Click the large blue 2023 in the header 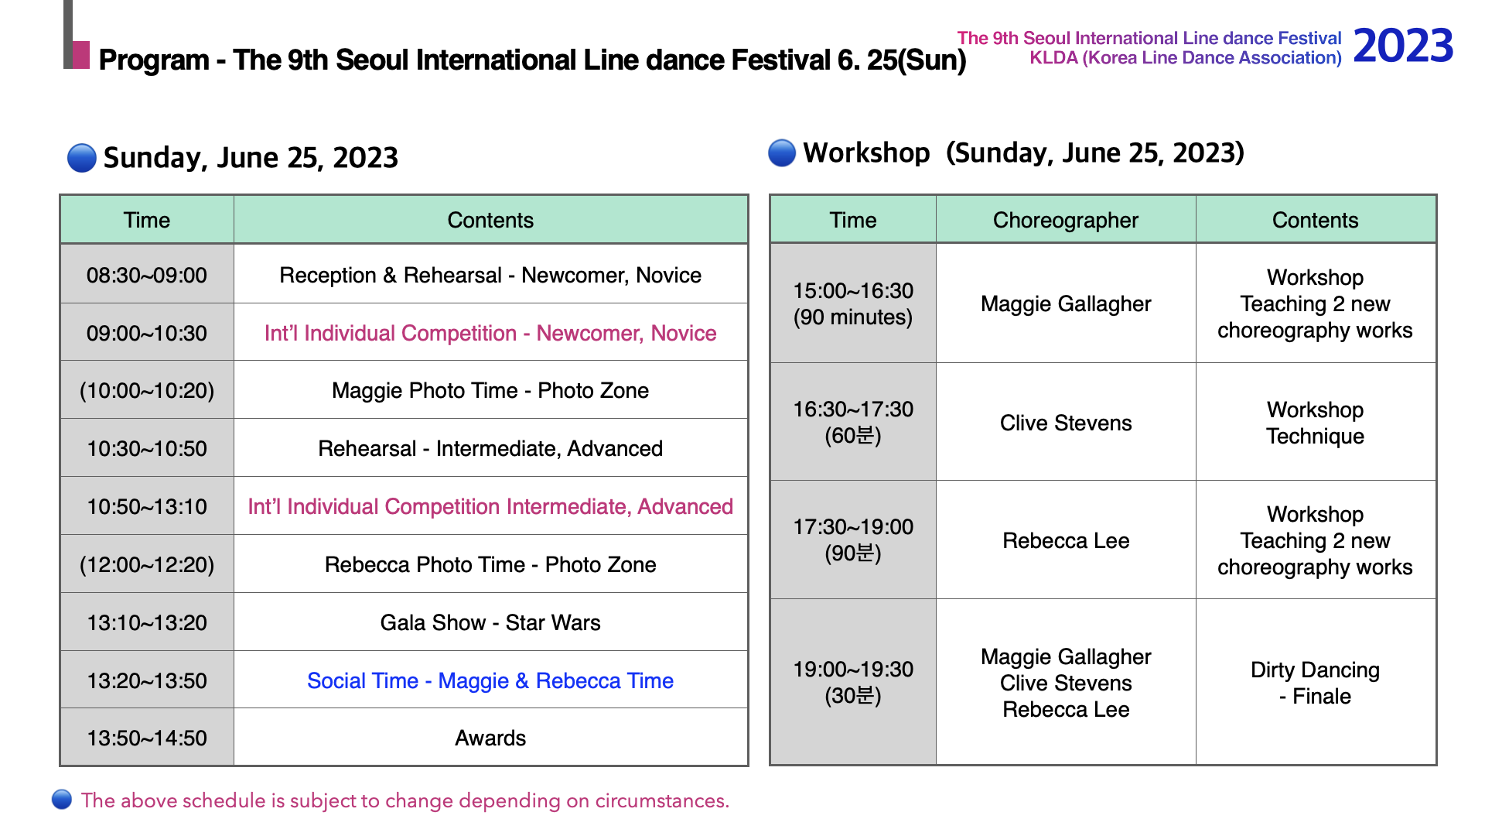(1403, 46)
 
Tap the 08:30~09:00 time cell (147, 275)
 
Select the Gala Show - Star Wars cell (490, 622)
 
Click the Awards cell (490, 738)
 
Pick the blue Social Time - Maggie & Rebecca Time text (490, 680)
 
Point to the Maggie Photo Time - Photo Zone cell (490, 390)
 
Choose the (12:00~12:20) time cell (147, 564)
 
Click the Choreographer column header (1066, 220)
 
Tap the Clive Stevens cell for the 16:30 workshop (1066, 423)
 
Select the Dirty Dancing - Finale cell (1316, 683)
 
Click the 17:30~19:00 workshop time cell (853, 540)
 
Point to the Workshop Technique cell (1316, 423)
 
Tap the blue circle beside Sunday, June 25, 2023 (82, 157)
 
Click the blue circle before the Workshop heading (782, 152)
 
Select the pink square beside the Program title (80, 54)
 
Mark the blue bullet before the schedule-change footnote (62, 800)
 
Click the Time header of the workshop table (853, 220)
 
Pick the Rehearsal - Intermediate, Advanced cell (490, 448)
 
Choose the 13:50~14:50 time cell (147, 738)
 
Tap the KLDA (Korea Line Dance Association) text (1186, 58)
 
